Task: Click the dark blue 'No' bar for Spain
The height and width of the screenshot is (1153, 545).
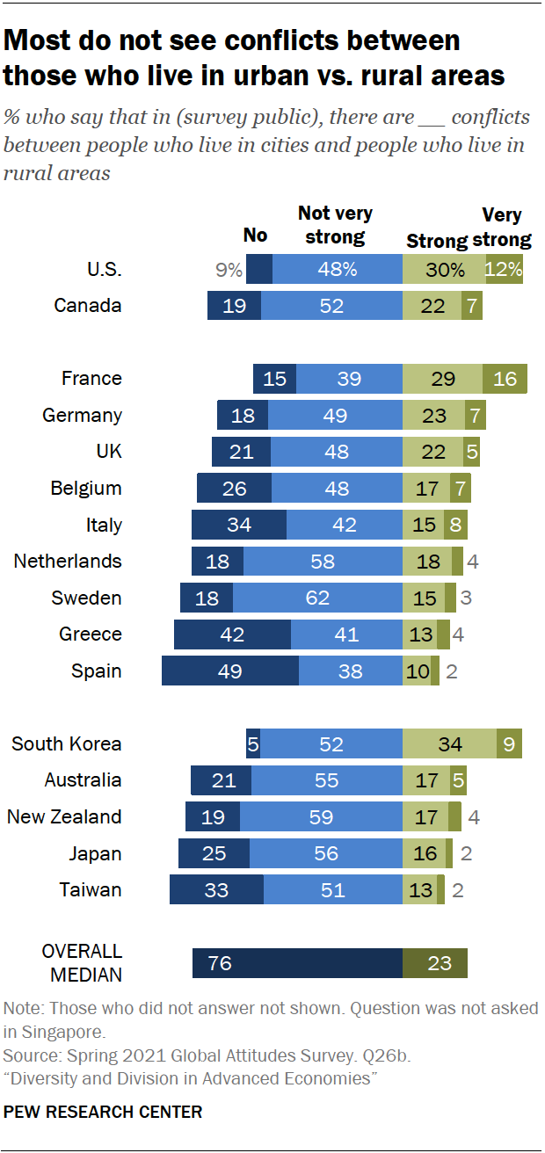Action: pos(230,671)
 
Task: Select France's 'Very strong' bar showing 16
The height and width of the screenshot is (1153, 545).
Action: pos(505,379)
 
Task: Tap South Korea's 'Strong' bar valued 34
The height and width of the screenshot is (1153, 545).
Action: pos(449,744)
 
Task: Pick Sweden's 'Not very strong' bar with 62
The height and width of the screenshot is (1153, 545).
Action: pos(317,598)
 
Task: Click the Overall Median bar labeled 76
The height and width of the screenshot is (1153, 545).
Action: pos(297,963)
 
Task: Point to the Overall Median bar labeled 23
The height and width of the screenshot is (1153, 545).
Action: pos(435,963)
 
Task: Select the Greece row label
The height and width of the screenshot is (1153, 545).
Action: pos(91,635)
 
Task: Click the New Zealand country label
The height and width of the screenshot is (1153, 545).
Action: pos(64,817)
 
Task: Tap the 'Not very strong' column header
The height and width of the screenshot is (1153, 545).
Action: pos(335,225)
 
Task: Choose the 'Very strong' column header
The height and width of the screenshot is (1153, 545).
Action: pos(502,227)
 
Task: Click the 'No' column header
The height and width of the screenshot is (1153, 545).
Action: pos(255,236)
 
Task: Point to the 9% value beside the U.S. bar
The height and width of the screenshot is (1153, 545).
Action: pos(229,270)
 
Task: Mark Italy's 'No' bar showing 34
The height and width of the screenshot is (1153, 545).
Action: pos(239,525)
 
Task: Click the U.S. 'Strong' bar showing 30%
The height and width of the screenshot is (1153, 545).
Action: pos(444,270)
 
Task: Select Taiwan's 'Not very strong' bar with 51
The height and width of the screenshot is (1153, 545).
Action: pos(332,890)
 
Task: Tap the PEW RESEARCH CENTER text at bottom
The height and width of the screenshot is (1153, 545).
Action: pos(103,1112)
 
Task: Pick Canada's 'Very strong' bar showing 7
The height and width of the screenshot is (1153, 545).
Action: pos(471,306)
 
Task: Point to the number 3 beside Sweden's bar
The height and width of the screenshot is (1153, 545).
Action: pos(466,598)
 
